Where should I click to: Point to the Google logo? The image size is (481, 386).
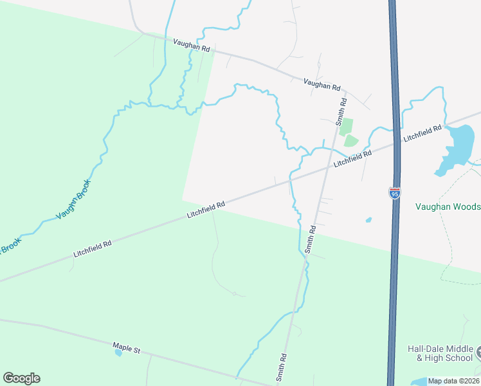coord(21,378)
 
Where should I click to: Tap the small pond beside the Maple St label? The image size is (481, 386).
coord(118,353)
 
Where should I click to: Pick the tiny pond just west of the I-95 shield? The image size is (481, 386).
coord(368,220)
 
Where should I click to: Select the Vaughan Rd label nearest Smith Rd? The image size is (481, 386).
coord(322,85)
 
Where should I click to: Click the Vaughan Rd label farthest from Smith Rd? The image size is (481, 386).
coord(192,46)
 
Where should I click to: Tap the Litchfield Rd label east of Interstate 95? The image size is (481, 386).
coord(422,134)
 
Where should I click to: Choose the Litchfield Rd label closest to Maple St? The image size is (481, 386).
coord(93,248)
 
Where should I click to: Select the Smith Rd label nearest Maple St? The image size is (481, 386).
coord(281,367)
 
